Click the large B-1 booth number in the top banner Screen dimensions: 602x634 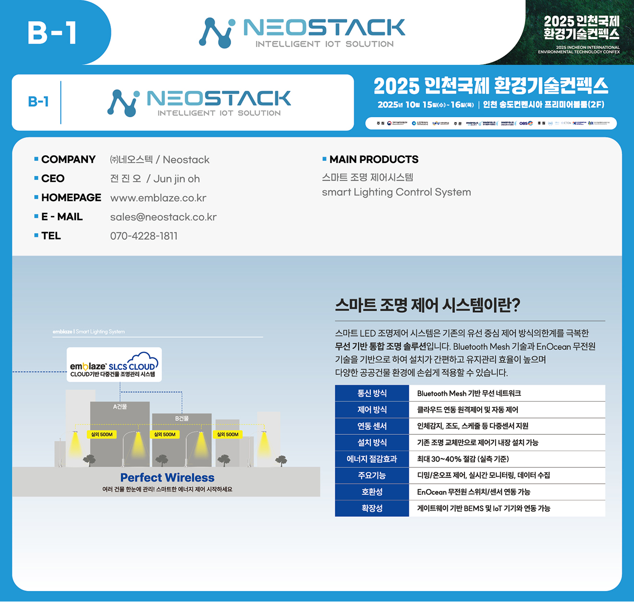(x=52, y=33)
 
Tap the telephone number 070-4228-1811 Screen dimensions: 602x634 (x=144, y=236)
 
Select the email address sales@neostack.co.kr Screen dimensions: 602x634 (x=163, y=217)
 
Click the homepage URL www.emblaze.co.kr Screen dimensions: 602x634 (x=158, y=198)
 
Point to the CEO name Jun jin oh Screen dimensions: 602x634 (x=176, y=179)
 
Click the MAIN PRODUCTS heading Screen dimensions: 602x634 (x=374, y=160)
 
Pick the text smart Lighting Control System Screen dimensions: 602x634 (x=396, y=192)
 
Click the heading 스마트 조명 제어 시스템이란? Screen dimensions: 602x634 (x=427, y=305)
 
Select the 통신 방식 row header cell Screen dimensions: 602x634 (x=372, y=393)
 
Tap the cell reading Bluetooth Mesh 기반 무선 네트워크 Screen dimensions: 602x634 (x=469, y=393)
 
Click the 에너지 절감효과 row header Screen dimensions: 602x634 (x=372, y=459)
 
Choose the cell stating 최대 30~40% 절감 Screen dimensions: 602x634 (x=463, y=459)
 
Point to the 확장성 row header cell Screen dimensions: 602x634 (x=372, y=508)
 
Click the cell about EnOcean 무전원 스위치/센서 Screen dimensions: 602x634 (x=474, y=492)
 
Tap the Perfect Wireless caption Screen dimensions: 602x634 (x=167, y=478)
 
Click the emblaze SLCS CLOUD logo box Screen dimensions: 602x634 (x=114, y=365)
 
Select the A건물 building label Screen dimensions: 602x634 (x=120, y=406)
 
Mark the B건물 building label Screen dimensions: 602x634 (x=182, y=418)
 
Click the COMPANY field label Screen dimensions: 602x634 (x=68, y=160)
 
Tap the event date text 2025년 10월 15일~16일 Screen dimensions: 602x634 (x=426, y=105)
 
